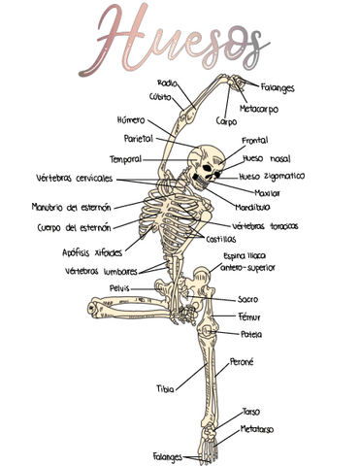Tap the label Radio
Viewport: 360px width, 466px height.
[x=166, y=83]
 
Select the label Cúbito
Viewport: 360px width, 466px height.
[x=161, y=96]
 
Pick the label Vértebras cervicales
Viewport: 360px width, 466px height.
[x=74, y=179]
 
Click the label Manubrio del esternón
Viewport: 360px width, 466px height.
[x=71, y=207]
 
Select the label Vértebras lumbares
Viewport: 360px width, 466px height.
[x=101, y=271]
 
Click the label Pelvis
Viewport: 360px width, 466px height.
[x=119, y=288]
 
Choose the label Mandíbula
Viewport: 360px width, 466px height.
[x=252, y=207]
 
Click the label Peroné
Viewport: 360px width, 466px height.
[x=241, y=362]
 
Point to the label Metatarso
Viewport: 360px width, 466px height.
[x=257, y=427]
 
